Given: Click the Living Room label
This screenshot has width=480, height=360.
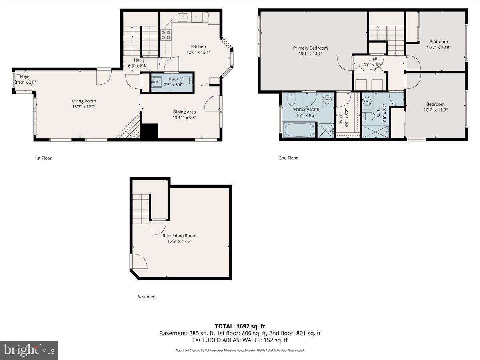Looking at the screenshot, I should coord(84,101).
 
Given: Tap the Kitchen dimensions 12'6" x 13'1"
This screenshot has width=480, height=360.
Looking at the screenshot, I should coord(198,52).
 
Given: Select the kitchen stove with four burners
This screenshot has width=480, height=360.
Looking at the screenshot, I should coord(166,35).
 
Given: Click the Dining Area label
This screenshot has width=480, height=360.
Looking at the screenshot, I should coord(184,112).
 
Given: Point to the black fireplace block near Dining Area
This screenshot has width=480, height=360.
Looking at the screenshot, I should coord(150,131).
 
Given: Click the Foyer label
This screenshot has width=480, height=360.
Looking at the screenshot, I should coord(26,76).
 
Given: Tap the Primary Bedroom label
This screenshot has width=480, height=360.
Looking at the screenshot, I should coord(310,48).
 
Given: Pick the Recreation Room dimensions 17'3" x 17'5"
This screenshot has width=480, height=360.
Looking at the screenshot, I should coord(179,241).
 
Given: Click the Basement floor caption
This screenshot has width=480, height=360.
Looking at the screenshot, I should coord(147,297).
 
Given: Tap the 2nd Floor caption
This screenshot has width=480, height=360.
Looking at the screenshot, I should coord(288,158).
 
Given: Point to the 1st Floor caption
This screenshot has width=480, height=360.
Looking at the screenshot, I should coord(43,158).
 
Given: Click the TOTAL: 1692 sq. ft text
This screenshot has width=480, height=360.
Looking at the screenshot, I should coord(240,326).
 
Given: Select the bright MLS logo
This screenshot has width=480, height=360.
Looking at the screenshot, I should coord(29,350).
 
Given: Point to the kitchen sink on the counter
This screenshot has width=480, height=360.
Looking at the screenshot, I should coord(183,16).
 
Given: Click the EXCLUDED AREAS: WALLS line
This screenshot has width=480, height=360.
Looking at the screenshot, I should coord(240,340).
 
